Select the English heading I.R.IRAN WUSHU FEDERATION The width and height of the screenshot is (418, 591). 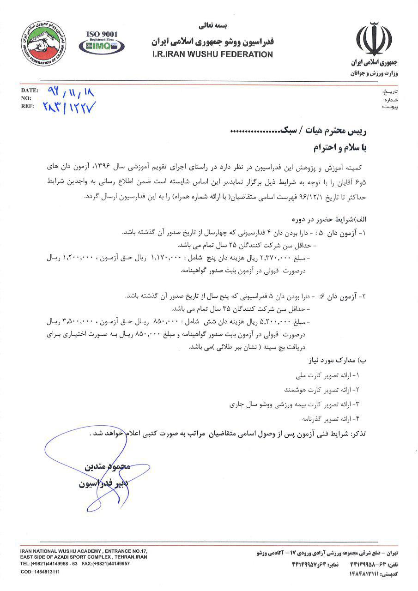tap(212, 54)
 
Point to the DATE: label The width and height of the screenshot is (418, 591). tap(29, 90)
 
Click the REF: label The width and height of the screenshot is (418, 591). tap(27, 106)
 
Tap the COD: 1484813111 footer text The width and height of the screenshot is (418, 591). tap(40, 572)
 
